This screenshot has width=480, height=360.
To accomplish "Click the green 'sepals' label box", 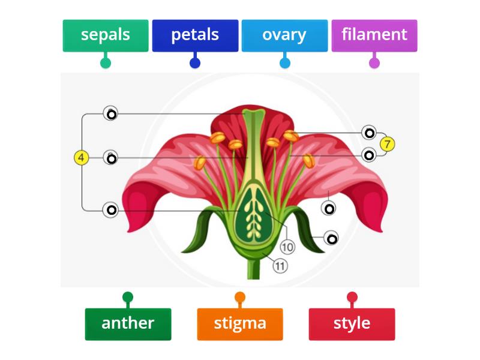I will (x=106, y=35).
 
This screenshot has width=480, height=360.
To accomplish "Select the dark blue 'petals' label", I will (x=195, y=35).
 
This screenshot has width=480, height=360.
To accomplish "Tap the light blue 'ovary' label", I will (x=284, y=35).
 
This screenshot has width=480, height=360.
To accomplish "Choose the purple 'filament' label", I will (x=374, y=35).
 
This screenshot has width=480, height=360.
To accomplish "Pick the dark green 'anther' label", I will (x=128, y=324).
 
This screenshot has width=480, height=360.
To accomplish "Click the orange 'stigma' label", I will (x=240, y=324).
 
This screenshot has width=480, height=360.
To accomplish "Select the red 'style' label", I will (x=352, y=324).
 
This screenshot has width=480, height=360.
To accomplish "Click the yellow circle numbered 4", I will (x=82, y=158).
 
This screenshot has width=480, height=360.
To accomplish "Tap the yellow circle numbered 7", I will (x=388, y=144).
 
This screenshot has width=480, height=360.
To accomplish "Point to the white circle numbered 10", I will (x=287, y=247).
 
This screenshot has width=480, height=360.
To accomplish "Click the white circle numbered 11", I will (x=280, y=265).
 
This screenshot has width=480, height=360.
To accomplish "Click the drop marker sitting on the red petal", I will (x=329, y=208).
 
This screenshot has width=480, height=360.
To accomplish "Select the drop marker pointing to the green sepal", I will (x=331, y=238).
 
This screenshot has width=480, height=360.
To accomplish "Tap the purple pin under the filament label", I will (x=374, y=62).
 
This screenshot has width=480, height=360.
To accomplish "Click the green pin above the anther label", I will (x=128, y=297).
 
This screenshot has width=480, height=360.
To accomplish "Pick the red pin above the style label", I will (x=352, y=297).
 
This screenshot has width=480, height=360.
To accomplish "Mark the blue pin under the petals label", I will (x=195, y=62).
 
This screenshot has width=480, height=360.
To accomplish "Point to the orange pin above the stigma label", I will (x=240, y=297).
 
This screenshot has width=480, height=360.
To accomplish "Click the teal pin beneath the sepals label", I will (x=106, y=62).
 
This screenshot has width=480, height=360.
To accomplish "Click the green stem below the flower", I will (x=252, y=270).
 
